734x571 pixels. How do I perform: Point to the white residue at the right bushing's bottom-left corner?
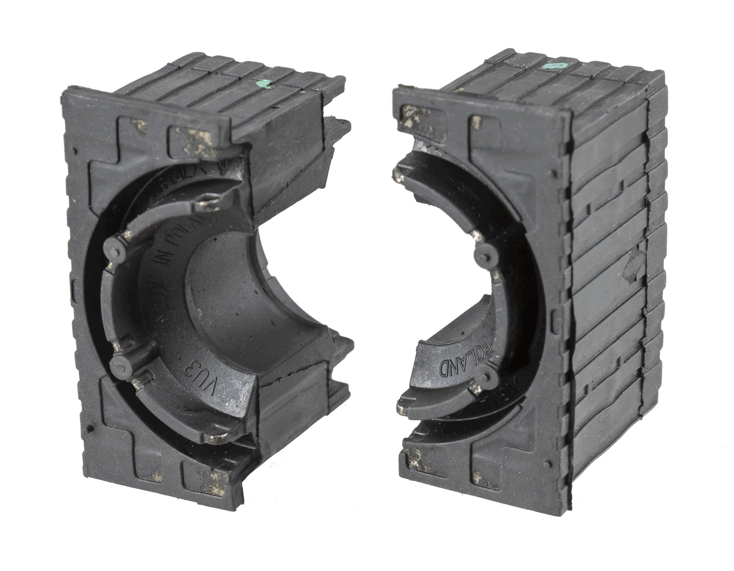pyautogui.click(x=415, y=461)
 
